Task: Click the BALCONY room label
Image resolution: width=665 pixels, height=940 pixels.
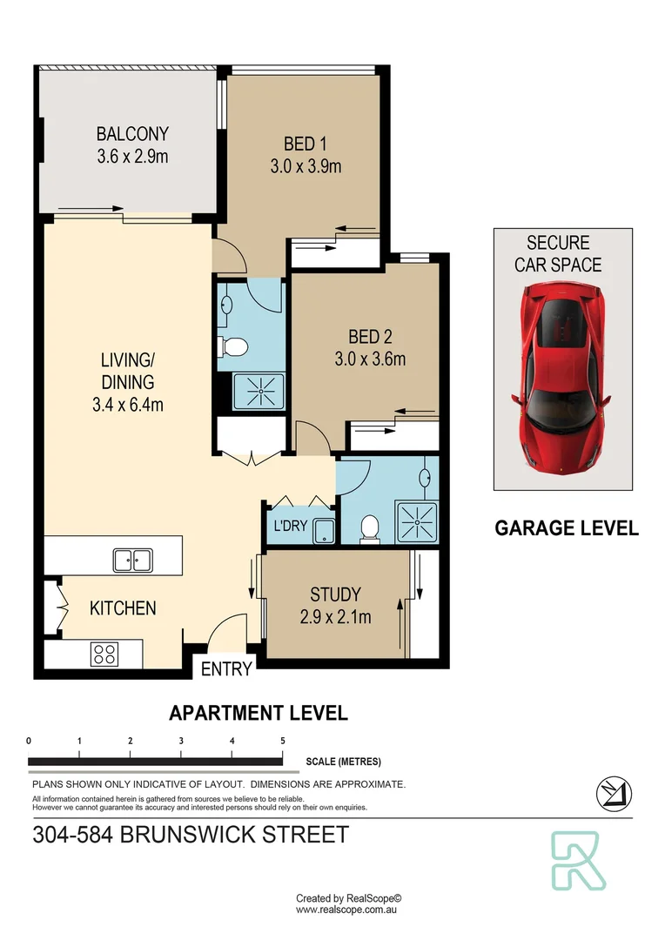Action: pyautogui.click(x=132, y=134)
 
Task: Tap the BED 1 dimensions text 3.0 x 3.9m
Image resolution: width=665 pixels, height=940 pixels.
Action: pyautogui.click(x=306, y=165)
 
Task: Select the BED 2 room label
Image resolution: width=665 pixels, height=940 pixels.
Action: pyautogui.click(x=364, y=337)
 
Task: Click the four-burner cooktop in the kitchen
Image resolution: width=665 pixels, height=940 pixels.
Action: pyautogui.click(x=104, y=654)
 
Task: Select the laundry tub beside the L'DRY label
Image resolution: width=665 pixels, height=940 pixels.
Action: pyautogui.click(x=323, y=530)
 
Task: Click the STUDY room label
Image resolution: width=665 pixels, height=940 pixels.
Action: pyautogui.click(x=335, y=595)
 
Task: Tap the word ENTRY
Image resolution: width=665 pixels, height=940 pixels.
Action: pyautogui.click(x=226, y=669)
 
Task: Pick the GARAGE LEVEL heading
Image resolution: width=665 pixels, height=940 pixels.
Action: pyautogui.click(x=567, y=527)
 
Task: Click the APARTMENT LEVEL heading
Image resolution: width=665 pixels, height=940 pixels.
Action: pyautogui.click(x=258, y=713)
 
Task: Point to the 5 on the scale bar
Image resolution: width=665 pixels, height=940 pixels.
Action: pyautogui.click(x=283, y=741)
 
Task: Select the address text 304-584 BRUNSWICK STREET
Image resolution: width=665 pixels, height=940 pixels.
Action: pyautogui.click(x=190, y=835)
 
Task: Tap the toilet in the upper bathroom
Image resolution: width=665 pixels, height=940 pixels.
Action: pyautogui.click(x=233, y=347)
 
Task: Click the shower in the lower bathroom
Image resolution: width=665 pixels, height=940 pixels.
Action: pyautogui.click(x=417, y=521)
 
